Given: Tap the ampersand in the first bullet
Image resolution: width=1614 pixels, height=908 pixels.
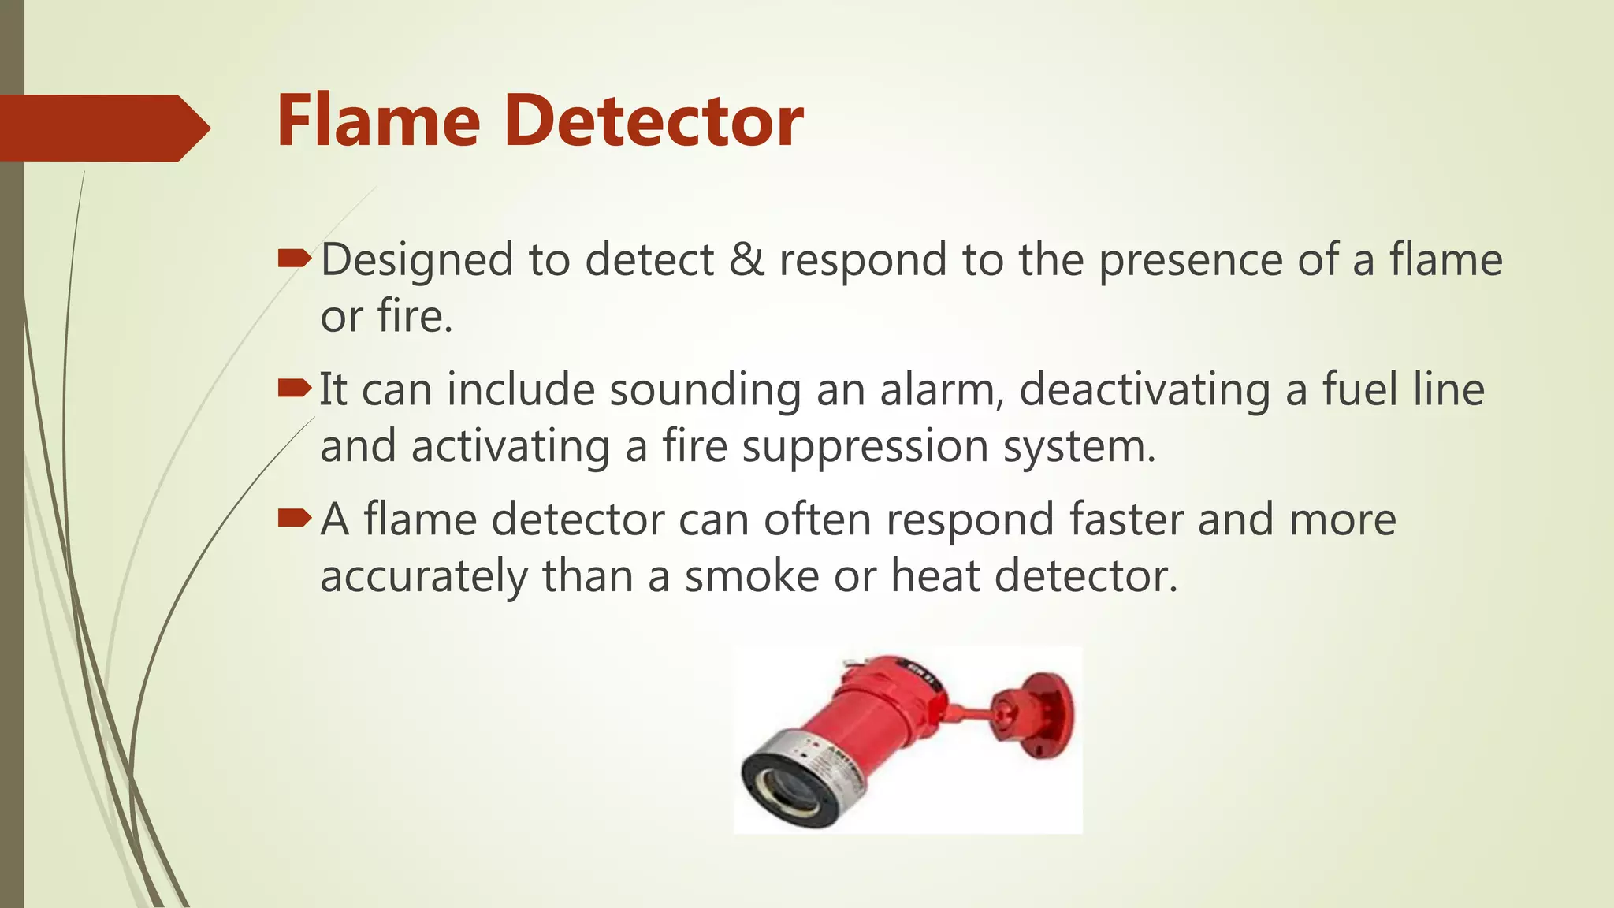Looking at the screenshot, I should point(746,260).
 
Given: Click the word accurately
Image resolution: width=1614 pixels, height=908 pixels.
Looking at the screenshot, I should point(423,577).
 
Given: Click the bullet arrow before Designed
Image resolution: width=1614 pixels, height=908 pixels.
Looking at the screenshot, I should point(295,259).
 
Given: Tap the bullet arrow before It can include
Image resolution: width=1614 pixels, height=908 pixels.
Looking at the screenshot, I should point(295,388).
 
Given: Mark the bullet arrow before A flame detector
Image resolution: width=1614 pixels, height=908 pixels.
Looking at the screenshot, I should point(295,518).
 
